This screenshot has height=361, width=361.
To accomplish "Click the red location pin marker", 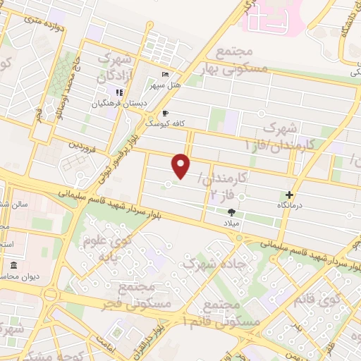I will (x=182, y=166).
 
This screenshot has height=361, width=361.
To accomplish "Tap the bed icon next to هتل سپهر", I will (x=165, y=75).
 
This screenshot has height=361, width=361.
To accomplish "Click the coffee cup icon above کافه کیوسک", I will (x=165, y=112).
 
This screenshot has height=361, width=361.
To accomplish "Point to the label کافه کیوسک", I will (x=165, y=123).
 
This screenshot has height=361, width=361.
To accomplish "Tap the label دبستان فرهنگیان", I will (x=118, y=103).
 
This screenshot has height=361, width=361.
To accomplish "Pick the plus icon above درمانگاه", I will (x=289, y=195).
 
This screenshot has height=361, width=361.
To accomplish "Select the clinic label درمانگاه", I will (x=289, y=205).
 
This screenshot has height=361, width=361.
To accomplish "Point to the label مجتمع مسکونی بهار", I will (x=243, y=61).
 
